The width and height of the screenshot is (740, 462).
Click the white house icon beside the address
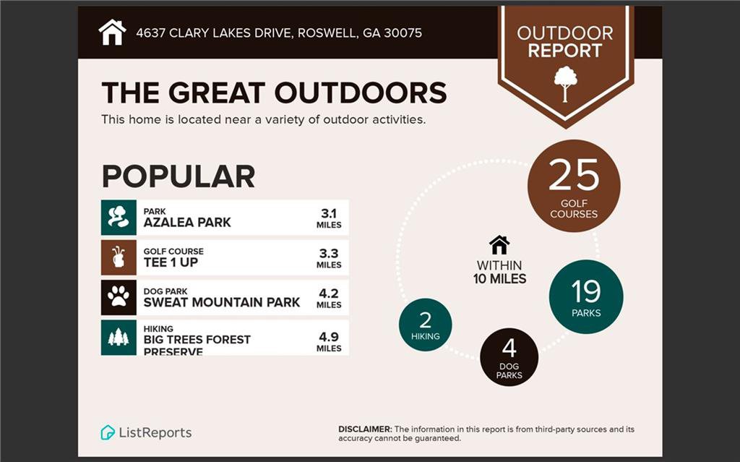coord(112,33)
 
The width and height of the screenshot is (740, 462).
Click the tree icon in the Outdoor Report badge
coord(565,84)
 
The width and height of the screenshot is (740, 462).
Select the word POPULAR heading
coord(178,176)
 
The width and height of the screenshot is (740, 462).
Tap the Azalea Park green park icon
coord(119,218)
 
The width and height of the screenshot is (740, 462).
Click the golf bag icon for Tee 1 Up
coord(119,257)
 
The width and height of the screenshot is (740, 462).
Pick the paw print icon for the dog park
coord(119,298)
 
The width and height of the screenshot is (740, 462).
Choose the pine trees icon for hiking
coord(119,338)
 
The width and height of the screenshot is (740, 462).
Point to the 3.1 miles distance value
coord(329,218)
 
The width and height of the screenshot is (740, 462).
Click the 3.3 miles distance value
coord(329,258)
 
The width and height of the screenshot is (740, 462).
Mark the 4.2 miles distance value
coord(329,299)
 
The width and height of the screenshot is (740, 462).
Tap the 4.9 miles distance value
coord(329,342)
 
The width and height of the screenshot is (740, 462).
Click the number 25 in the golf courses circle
coord(574,175)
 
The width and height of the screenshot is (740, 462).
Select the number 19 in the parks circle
coord(585,291)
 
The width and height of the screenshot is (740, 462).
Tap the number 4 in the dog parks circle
coord(509,348)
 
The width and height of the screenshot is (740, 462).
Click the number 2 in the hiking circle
coord(425,320)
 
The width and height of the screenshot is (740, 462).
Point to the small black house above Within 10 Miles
coord(499,245)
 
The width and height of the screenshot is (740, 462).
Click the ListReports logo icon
coord(108,432)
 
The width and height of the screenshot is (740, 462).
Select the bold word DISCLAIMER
coord(365,429)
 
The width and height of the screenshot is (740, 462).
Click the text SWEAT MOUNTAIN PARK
coord(222,302)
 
